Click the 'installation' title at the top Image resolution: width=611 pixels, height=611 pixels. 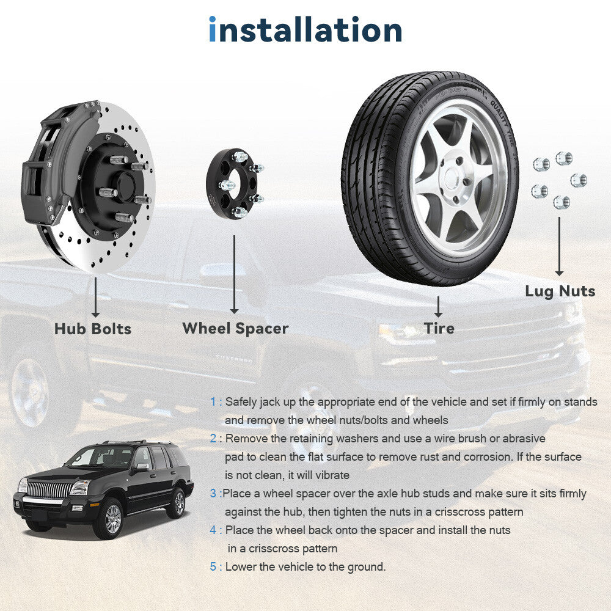point(305,29)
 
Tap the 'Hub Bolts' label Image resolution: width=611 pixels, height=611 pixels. point(93,329)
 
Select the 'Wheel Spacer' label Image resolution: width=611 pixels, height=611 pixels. point(235,329)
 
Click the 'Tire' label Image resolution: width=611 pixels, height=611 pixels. point(439,328)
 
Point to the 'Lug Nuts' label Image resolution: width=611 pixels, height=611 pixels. point(560,291)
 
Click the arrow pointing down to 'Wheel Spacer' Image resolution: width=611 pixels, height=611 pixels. point(234,274)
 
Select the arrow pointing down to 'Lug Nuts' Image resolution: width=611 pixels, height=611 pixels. point(559,246)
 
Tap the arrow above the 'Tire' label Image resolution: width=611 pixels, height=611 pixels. point(438,307)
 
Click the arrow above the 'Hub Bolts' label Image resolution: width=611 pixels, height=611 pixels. point(95,298)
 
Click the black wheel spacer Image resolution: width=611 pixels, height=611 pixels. point(232,183)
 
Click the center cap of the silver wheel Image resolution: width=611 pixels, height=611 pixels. point(452,179)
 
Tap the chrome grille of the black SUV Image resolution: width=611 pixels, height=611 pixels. point(50,489)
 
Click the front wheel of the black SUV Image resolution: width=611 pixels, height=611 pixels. point(112,519)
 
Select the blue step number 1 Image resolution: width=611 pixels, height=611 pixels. point(213,402)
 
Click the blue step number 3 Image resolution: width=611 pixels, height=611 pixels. point(213,493)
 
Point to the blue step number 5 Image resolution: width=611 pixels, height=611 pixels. point(213,566)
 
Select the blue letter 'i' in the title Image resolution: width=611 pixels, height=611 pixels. point(213,29)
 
